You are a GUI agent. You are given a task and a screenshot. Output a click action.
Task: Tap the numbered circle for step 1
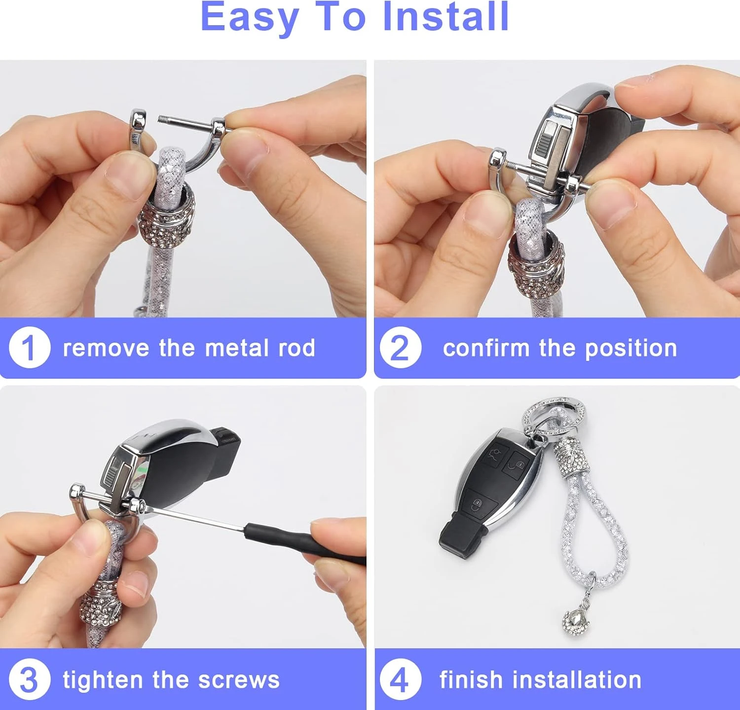coord(30,347)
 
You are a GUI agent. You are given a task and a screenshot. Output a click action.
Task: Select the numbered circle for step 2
coord(401,347)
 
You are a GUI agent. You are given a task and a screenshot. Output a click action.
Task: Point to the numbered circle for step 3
coord(30,679)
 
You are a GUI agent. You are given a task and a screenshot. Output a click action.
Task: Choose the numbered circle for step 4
coord(401,679)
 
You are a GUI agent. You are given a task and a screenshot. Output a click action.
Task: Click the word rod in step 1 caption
coord(297,348)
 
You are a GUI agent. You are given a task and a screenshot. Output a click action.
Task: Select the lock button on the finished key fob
coord(518,464)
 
